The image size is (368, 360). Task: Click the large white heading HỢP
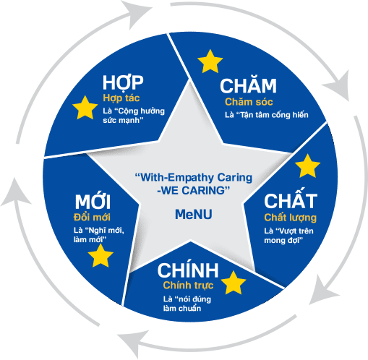coord(123,83)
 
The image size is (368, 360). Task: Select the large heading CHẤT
coord(291,199)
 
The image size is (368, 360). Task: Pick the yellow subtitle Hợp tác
coord(121,98)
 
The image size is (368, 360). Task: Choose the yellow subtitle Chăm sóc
coord(249,102)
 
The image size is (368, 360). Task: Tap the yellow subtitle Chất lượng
coord(290,218)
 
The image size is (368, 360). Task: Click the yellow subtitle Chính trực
coord(188,286)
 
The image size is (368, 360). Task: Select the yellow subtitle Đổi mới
coord(92,218)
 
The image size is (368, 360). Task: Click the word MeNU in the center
coord(194,214)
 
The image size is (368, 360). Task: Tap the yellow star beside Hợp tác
coord(85,108)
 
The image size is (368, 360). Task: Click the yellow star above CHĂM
coord(210,61)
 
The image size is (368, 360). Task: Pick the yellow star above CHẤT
coord(307,166)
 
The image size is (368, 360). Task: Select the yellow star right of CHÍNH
coord(234,283)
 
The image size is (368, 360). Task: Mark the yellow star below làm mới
coord(100,256)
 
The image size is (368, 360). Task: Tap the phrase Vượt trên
coord(296,231)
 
